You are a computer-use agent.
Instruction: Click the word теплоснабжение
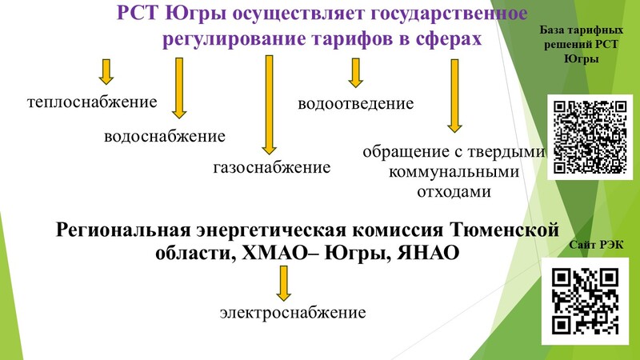[92, 102]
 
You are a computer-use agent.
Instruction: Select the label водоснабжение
[165, 136]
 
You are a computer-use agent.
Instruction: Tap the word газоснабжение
[272, 167]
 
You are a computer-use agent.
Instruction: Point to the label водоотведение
[355, 104]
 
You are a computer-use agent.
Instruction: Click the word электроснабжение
[293, 313]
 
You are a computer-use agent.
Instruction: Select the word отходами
[454, 191]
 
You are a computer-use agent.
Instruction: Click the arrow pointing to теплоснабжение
[106, 72]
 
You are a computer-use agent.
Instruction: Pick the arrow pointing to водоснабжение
[179, 88]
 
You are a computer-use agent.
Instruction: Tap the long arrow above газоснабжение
[269, 105]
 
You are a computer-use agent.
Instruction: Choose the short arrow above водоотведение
[355, 73]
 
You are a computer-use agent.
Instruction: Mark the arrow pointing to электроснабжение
[284, 284]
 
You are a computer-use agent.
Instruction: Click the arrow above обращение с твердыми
[454, 96]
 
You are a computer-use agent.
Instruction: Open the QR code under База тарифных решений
[590, 137]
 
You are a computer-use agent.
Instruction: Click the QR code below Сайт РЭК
[585, 302]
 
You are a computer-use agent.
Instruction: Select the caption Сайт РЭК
[596, 245]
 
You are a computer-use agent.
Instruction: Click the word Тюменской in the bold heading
[504, 230]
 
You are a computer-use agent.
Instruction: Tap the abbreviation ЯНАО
[428, 253]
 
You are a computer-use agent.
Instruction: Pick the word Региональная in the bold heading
[123, 230]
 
